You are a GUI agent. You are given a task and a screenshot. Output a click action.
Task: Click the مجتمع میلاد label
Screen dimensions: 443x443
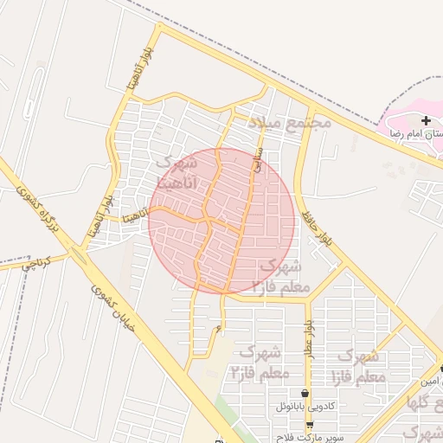pos(290,122)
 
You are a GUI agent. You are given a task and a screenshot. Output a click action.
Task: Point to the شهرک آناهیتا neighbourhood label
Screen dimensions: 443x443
pos(177,172)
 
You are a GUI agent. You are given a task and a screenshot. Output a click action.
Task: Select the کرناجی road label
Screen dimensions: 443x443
pos(37,264)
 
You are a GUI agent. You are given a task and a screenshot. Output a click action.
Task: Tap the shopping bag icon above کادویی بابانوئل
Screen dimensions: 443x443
pos(305,393)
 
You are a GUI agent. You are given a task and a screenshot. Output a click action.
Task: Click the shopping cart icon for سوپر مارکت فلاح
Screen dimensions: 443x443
pos(310,424)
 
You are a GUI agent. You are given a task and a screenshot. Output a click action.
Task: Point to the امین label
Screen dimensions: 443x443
pos(430,381)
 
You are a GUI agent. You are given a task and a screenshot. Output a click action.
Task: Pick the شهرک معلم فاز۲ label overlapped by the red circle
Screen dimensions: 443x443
pos(277,275)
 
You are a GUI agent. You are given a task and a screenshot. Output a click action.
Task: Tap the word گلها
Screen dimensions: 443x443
pos(424,404)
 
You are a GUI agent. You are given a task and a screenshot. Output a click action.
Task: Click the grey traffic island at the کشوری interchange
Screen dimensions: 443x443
pos(80,255)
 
